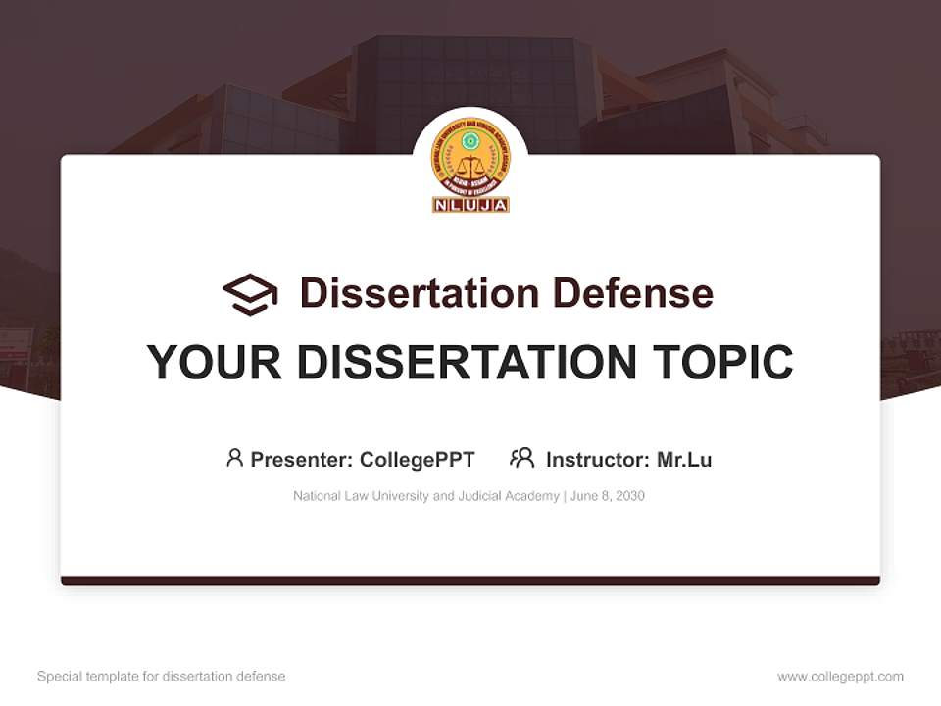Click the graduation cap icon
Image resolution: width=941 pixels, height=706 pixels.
(250, 294)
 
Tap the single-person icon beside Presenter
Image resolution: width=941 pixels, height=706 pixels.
(234, 458)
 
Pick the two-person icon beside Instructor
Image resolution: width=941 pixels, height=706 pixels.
(521, 458)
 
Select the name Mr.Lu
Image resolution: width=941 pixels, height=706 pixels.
(684, 460)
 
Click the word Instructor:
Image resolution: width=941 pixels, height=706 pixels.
(597, 460)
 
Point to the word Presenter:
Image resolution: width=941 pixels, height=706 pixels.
(302, 460)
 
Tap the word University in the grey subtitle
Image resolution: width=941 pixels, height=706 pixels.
(400, 496)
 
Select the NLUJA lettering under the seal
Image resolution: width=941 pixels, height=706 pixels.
(470, 205)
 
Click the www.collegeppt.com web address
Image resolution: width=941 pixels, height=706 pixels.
(840, 677)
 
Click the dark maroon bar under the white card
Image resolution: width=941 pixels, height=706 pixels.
(470, 580)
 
